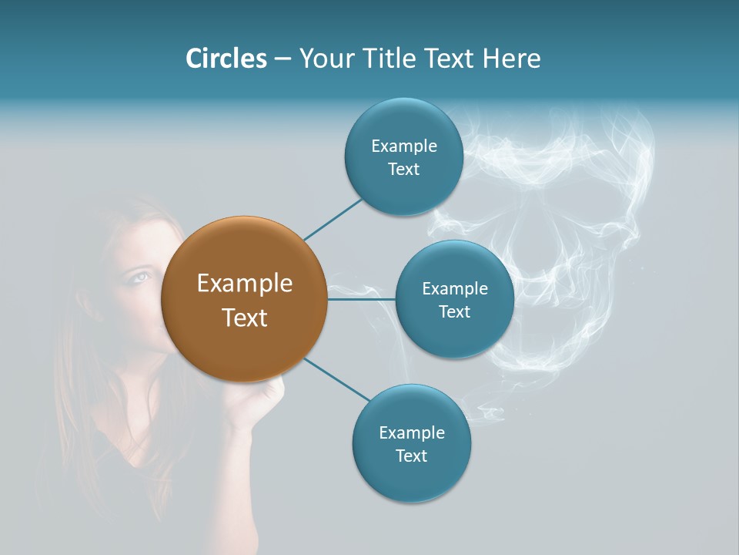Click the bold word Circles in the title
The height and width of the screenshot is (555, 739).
(x=226, y=59)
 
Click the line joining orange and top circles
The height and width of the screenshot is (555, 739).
(x=333, y=219)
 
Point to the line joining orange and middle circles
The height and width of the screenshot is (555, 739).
(x=361, y=299)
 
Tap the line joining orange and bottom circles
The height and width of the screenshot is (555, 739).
(x=336, y=379)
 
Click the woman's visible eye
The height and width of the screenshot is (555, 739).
(x=139, y=276)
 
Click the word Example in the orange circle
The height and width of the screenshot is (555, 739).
(x=244, y=284)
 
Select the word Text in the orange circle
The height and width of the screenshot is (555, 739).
(x=244, y=318)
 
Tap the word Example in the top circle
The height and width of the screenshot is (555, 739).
(x=403, y=146)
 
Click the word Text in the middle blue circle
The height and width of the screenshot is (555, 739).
(x=454, y=312)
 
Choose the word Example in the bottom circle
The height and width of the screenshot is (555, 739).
(x=411, y=432)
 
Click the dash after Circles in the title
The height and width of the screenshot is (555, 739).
(x=282, y=59)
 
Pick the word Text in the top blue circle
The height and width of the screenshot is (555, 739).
(x=403, y=170)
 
